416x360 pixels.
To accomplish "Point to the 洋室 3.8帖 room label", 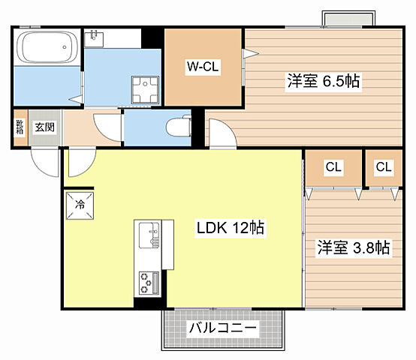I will tap(353, 247).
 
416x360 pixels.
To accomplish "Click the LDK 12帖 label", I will tap(230, 228).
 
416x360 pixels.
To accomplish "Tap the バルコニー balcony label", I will tap(223, 328).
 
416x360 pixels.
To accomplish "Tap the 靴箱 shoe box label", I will tap(20, 127).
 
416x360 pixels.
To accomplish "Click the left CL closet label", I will tap(333, 167).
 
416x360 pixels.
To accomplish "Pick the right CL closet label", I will tap(384, 167).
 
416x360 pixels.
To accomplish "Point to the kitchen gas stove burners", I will tap(146, 282).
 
